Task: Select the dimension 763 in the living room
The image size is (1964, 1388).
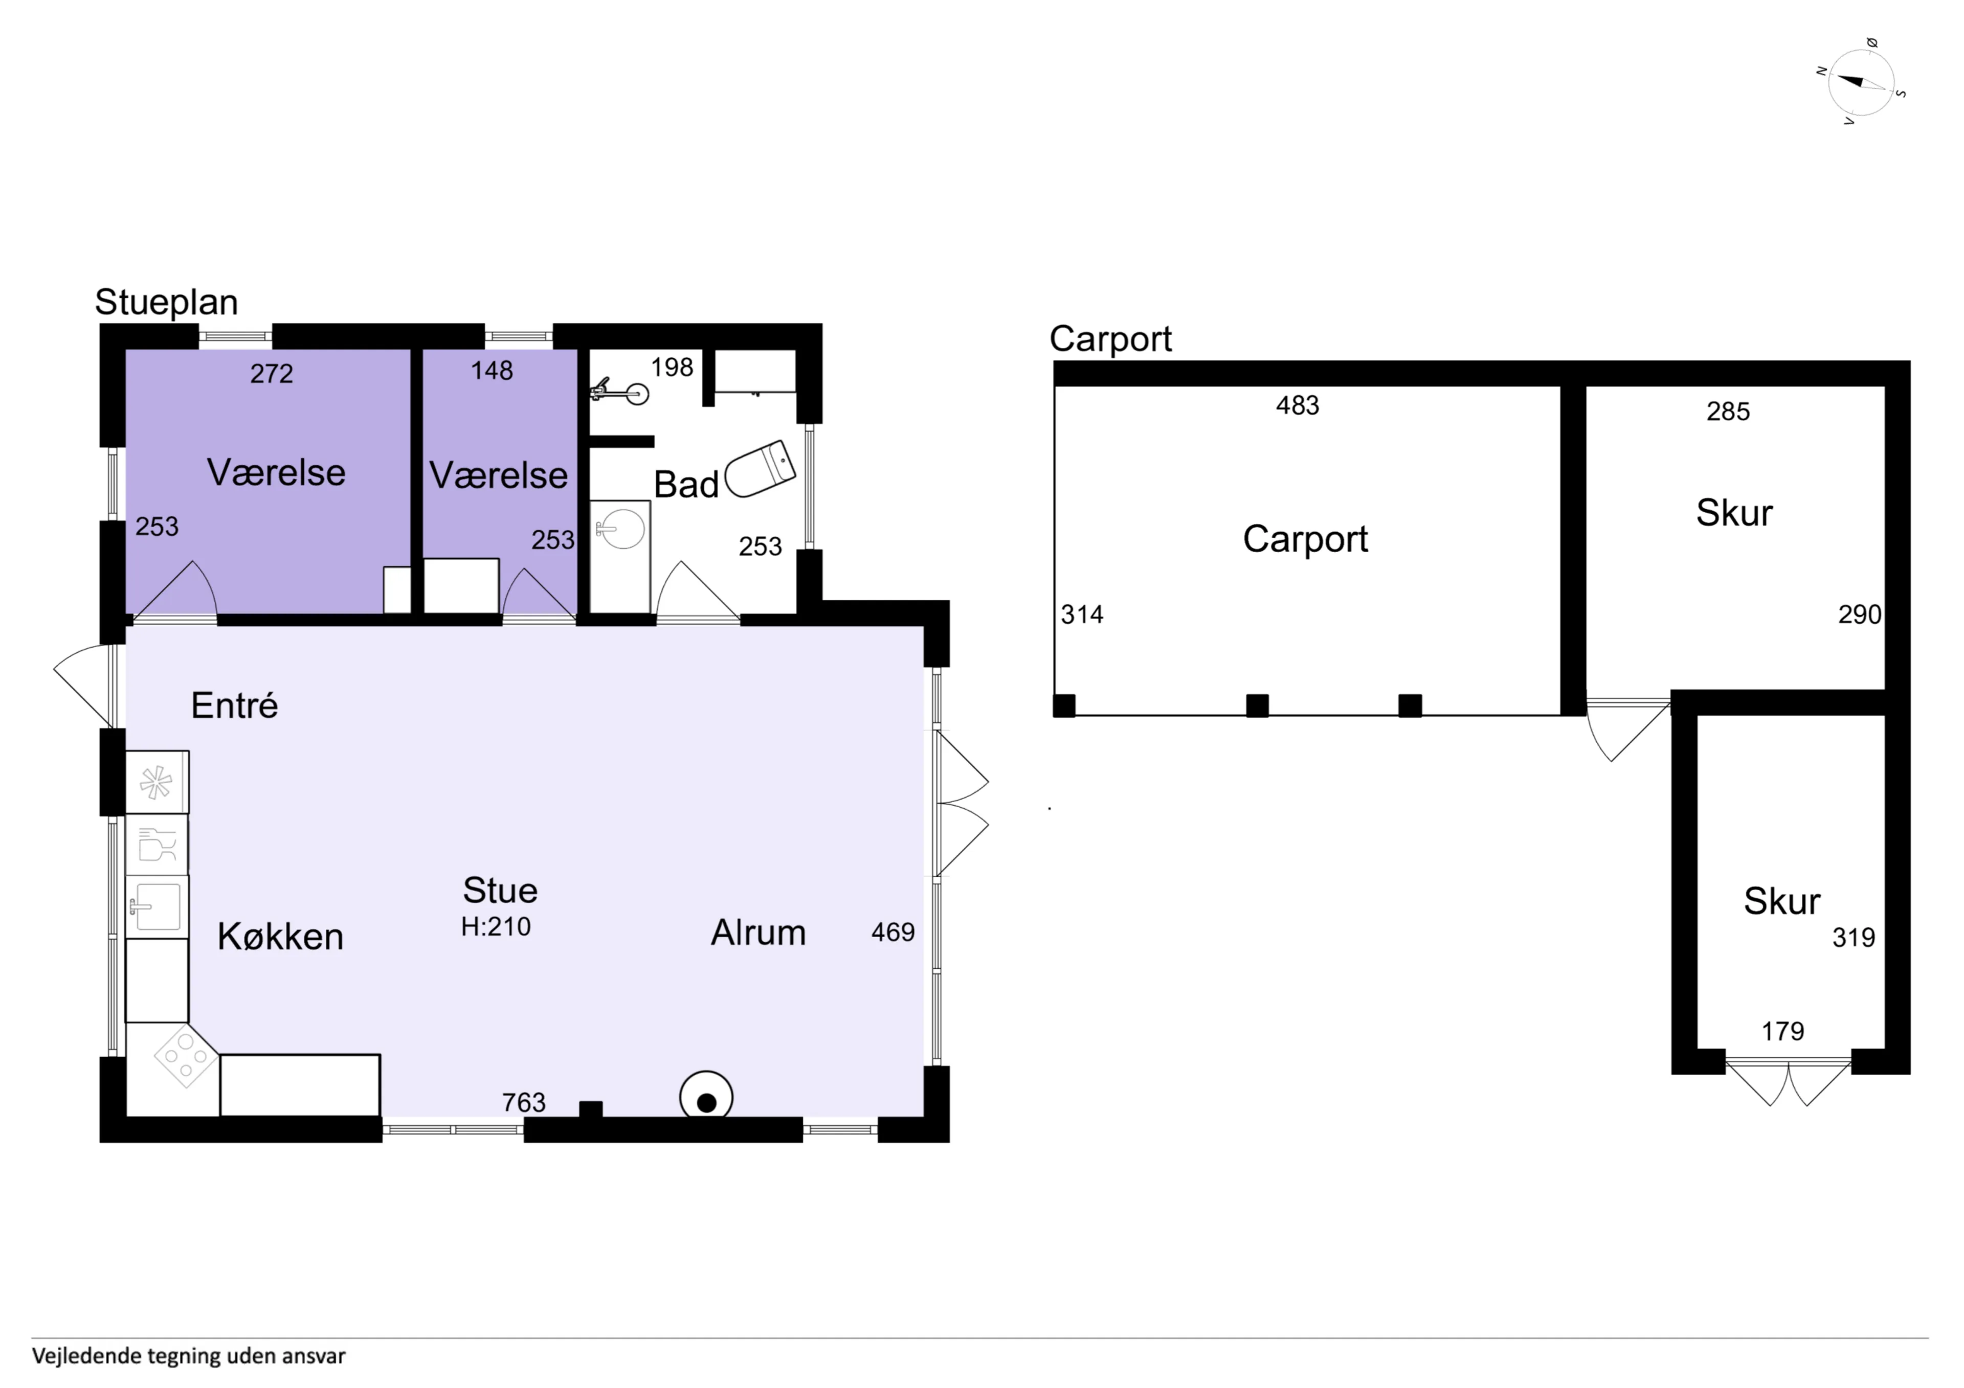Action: (524, 1102)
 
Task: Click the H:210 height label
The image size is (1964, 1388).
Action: (496, 926)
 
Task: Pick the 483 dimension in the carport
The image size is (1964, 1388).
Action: (1298, 405)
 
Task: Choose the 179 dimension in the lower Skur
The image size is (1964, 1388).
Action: (1782, 1031)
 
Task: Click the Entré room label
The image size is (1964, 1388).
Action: (234, 706)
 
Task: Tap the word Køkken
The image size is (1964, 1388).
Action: (281, 937)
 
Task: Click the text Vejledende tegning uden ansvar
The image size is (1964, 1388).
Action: (189, 1356)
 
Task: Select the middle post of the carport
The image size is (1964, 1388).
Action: (1258, 706)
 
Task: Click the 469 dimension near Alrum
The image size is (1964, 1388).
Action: (893, 931)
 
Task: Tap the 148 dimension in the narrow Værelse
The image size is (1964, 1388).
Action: (492, 370)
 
